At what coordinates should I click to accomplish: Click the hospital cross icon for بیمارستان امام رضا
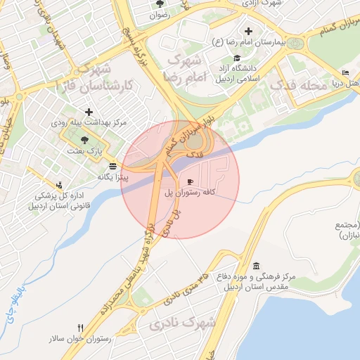coord(248,31)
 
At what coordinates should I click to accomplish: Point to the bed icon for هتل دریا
coord(344,73)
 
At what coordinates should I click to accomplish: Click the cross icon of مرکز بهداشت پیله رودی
coord(89,112)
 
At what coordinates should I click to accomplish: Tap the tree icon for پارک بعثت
coord(85,140)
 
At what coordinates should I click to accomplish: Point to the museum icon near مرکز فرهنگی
coord(255,266)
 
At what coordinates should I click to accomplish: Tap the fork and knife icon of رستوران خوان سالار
coord(81,328)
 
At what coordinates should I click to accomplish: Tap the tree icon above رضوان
coord(158,4)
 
